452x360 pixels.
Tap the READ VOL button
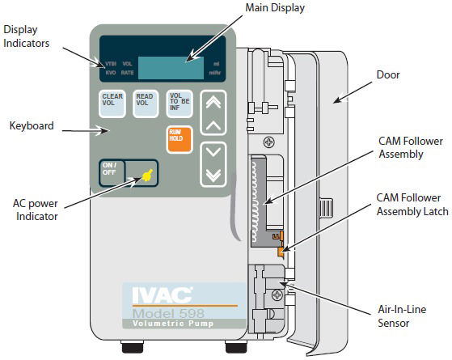[x=146, y=104]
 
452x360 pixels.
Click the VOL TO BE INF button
[x=180, y=104]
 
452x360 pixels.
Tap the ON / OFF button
[x=112, y=173]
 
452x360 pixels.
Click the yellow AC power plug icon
[x=147, y=175]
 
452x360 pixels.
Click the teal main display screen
[x=171, y=68]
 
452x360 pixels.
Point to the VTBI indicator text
[x=111, y=64]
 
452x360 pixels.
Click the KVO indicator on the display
[x=111, y=73]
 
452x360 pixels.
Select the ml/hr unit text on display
[x=215, y=73]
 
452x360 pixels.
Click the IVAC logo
[x=163, y=295]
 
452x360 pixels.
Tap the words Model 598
[x=169, y=313]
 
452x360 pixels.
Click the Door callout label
[x=388, y=74]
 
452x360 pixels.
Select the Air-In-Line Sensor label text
[x=402, y=316]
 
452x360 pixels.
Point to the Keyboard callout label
[x=32, y=125]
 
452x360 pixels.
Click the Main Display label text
[x=275, y=8]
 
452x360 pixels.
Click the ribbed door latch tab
[x=326, y=208]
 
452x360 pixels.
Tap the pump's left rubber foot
[x=133, y=347]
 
